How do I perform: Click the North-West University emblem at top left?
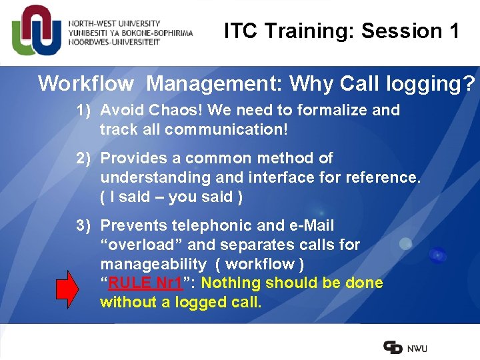tap(37, 31)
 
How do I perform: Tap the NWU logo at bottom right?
tap(405, 347)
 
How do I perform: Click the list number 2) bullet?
tap(83, 158)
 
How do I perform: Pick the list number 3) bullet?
tap(83, 225)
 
